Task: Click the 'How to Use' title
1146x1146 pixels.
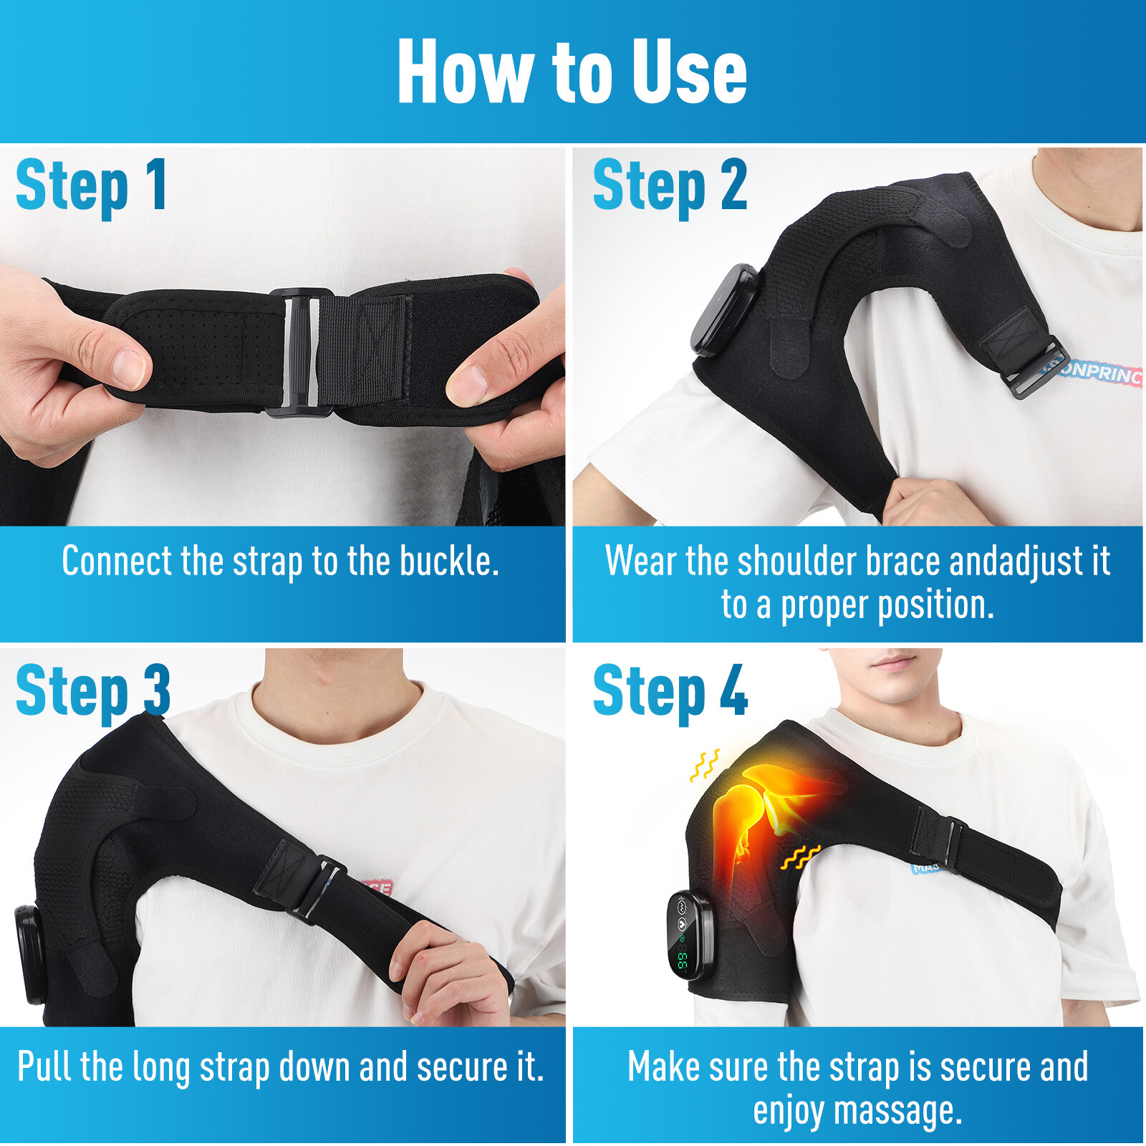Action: click(x=572, y=72)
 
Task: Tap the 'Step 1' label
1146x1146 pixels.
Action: click(x=92, y=186)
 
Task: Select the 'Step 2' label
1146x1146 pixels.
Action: click(x=670, y=186)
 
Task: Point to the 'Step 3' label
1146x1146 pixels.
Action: click(x=92, y=690)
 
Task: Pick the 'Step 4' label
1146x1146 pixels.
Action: click(x=670, y=690)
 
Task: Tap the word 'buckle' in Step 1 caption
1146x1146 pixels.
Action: click(x=449, y=562)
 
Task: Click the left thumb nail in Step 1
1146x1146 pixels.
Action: click(x=130, y=368)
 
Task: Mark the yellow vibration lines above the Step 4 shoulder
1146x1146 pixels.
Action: click(x=705, y=765)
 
